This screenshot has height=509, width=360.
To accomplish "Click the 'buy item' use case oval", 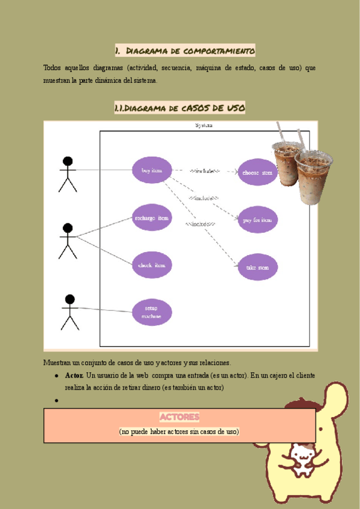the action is (x=152, y=170).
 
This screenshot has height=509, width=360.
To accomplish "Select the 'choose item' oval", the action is (x=257, y=172).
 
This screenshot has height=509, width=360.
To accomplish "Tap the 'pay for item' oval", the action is (x=257, y=220).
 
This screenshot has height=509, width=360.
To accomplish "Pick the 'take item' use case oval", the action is (x=257, y=267).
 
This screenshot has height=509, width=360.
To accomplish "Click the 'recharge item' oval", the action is (x=152, y=218).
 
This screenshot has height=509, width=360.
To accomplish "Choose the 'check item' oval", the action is (x=152, y=265).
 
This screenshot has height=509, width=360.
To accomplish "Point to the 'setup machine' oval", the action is (x=152, y=312).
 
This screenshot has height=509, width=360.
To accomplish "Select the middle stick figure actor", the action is (x=68, y=241).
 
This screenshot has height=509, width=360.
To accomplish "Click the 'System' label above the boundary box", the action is (x=203, y=125).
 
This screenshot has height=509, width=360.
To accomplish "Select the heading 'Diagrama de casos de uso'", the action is (x=179, y=108).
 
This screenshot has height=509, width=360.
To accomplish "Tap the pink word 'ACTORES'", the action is (x=179, y=417).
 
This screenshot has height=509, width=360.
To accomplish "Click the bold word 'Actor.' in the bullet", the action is (x=74, y=375).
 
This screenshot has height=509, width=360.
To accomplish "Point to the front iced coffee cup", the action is (x=313, y=177).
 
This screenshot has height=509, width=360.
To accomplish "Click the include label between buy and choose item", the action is (x=205, y=171).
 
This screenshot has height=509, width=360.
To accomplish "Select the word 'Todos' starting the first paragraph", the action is (x=52, y=68).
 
